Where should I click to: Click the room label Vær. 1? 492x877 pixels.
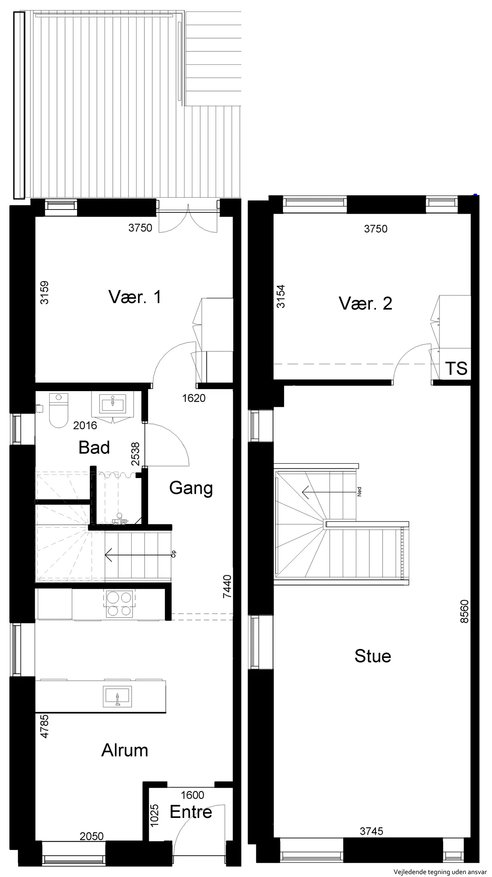[135, 297]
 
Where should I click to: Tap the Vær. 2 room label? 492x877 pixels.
[365, 303]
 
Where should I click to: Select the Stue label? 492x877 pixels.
[373, 656]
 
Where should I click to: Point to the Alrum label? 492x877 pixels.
[125, 750]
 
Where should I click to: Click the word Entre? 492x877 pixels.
[191, 812]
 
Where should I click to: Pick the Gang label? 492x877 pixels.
[191, 488]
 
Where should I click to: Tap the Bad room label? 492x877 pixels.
[94, 447]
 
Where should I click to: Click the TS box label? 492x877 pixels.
[456, 368]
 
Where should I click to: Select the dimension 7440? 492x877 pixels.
[228, 587]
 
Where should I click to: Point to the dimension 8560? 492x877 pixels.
[464, 611]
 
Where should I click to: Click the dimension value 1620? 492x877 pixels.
[194, 398]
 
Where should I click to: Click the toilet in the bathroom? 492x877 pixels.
[58, 410]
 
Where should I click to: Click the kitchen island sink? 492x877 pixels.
[117, 696]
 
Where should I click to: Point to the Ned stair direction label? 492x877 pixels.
[360, 492]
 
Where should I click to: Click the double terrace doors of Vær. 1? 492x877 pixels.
[187, 219]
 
